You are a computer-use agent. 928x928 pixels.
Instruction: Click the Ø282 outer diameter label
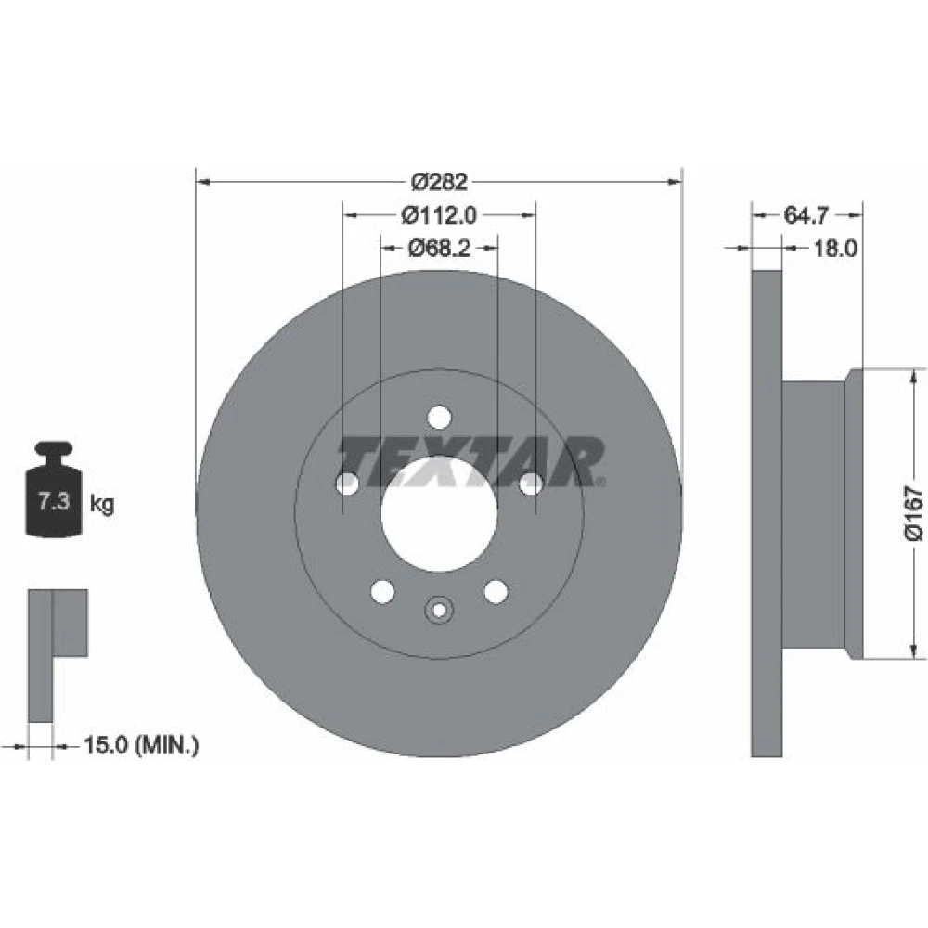coord(439,182)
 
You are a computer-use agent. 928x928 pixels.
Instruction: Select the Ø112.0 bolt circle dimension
coord(439,215)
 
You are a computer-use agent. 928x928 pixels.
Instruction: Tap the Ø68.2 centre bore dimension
coord(439,248)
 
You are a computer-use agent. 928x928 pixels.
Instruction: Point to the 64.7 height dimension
coord(806,215)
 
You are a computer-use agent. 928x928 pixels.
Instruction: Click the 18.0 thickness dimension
coord(834,248)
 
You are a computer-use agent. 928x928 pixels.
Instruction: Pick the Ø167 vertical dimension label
coord(913,514)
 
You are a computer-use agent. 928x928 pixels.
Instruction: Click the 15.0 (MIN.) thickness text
coord(141,744)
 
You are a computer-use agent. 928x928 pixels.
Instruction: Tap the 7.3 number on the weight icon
coord(54,501)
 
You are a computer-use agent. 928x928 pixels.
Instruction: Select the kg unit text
coord(102,504)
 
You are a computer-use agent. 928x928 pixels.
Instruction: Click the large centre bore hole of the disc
coord(439,514)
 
